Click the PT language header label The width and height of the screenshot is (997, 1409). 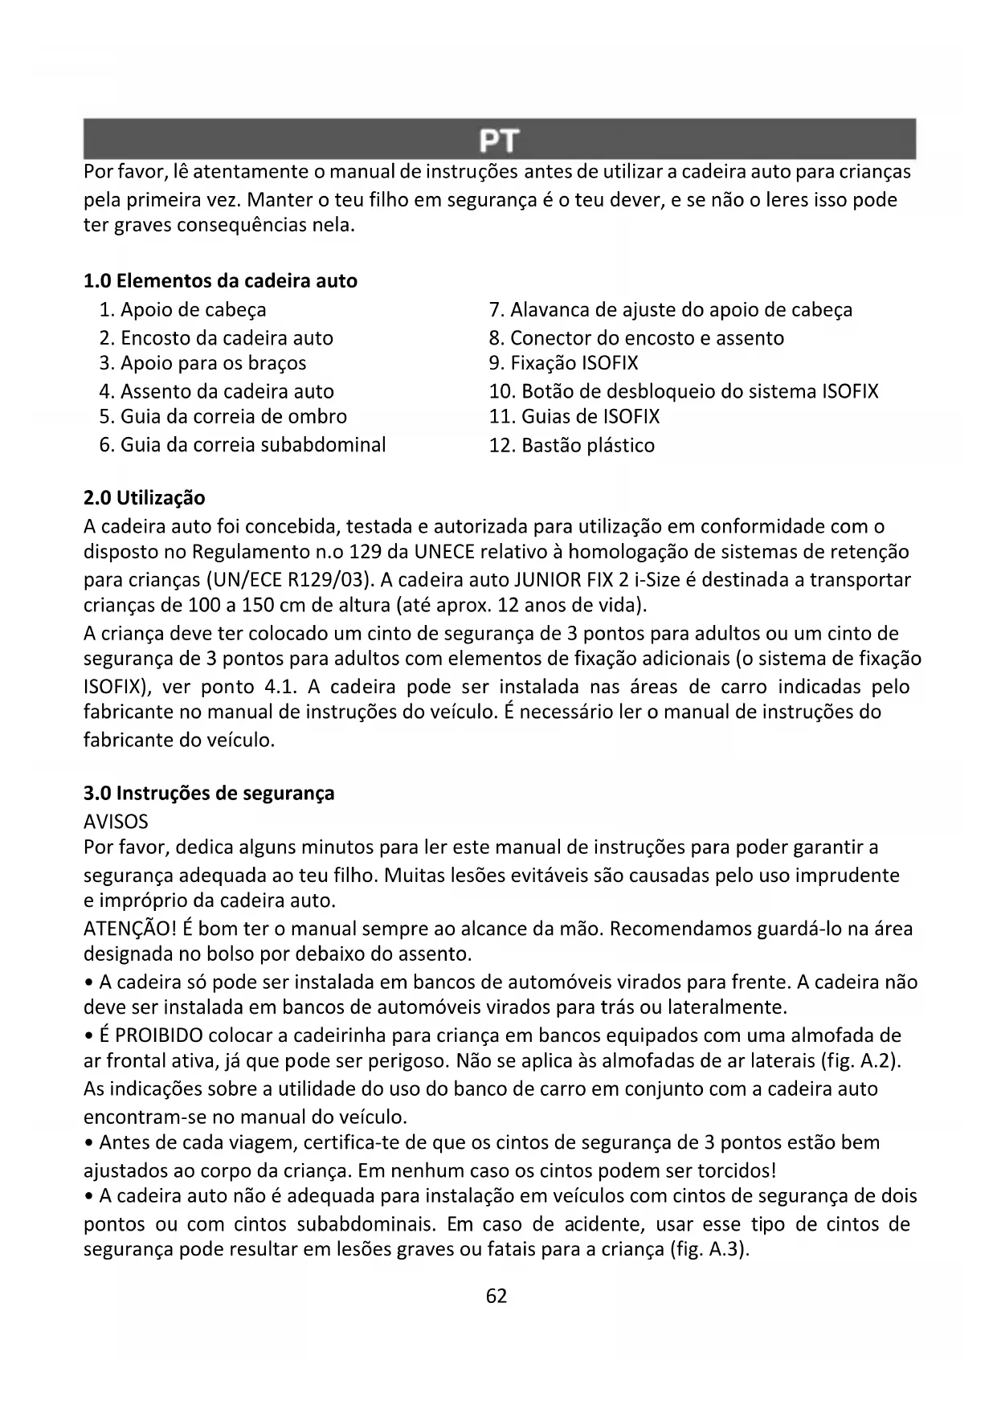click(498, 141)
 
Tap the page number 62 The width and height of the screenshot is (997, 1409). click(496, 1296)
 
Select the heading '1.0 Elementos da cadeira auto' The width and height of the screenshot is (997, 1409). click(220, 281)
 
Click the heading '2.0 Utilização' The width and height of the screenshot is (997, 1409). click(145, 498)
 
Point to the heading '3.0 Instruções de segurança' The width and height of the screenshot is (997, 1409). click(209, 794)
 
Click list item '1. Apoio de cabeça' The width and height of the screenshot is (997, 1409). click(182, 310)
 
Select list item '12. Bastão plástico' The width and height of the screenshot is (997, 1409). click(571, 445)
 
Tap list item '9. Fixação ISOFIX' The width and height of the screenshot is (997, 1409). click(563, 363)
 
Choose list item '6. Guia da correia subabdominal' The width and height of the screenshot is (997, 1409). click(242, 445)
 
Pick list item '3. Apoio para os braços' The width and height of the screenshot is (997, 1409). click(202, 363)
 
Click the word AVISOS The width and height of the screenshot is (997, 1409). click(116, 822)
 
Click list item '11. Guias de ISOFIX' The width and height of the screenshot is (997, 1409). click(574, 417)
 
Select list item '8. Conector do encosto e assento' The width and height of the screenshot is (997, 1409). click(636, 338)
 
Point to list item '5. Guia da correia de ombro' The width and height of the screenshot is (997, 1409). click(223, 417)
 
